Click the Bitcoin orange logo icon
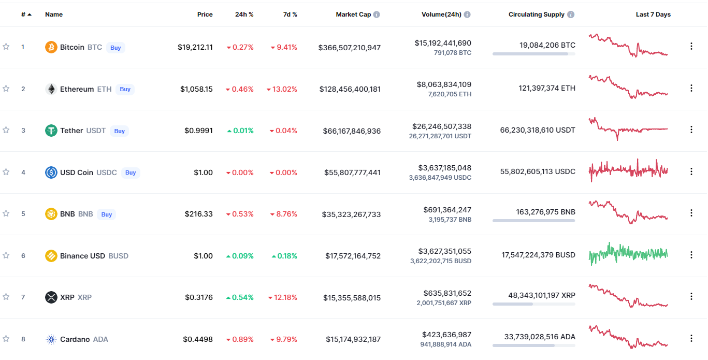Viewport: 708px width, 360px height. (x=51, y=47)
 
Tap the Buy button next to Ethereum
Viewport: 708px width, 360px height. (x=125, y=89)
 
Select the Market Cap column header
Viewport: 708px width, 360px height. (x=353, y=15)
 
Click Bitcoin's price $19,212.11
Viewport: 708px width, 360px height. (x=195, y=47)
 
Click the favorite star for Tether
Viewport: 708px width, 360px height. (x=6, y=130)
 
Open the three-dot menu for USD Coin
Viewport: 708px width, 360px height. (x=691, y=171)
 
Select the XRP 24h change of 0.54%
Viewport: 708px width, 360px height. (x=240, y=297)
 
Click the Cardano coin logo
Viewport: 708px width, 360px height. (x=51, y=340)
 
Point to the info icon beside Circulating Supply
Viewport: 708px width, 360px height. (x=571, y=15)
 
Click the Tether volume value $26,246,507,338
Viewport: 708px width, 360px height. (x=442, y=126)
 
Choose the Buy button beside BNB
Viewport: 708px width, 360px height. (x=107, y=214)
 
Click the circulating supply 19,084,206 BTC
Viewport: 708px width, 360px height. (x=547, y=45)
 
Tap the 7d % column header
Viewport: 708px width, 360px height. (x=290, y=15)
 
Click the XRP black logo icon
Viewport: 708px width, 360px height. (x=51, y=297)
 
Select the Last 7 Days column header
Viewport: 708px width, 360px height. (x=653, y=15)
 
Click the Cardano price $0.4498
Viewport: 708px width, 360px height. (x=198, y=339)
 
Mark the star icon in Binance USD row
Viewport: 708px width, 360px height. (x=6, y=255)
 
